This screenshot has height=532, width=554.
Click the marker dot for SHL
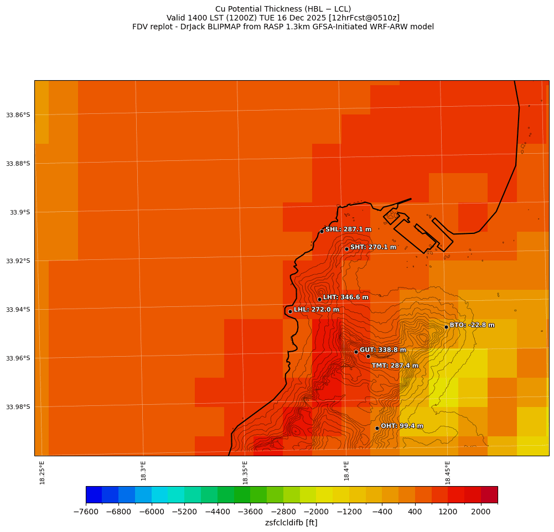[322, 231]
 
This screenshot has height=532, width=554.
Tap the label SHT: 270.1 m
[373, 247]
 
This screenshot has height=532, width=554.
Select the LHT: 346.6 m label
[345, 298]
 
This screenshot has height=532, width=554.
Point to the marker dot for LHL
[290, 311]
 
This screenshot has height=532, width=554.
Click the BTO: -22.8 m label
[472, 325]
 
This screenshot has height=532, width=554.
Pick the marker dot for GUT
[356, 352]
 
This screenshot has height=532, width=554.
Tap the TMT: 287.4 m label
[395, 366]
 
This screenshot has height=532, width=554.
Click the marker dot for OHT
[377, 428]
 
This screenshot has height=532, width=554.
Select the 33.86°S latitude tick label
[18, 115]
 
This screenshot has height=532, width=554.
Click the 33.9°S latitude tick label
[19, 212]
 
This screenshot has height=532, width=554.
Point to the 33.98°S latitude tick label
[18, 407]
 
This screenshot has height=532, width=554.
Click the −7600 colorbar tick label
[86, 512]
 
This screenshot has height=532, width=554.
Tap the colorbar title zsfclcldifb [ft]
[291, 523]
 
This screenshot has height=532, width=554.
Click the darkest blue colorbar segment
[94, 494]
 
